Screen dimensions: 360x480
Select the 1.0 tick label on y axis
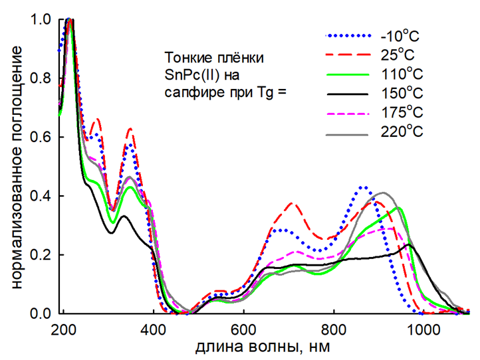pos(41,20)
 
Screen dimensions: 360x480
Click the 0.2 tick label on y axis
pos(41,255)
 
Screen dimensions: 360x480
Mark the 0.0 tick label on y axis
pos(41,314)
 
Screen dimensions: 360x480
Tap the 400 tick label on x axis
pos(154,329)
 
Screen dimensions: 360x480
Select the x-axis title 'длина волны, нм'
pos(263,347)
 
